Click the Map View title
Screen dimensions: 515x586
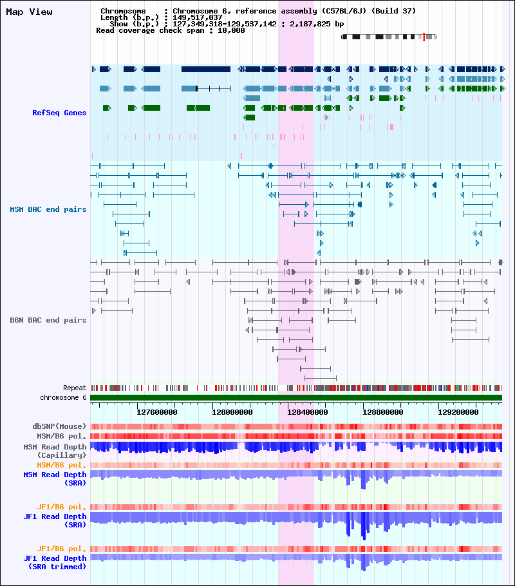click(x=29, y=12)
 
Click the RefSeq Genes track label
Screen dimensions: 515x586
click(x=59, y=113)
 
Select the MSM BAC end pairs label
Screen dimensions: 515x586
click(x=48, y=209)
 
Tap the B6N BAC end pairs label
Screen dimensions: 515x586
click(x=48, y=320)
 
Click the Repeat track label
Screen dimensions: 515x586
click(x=75, y=388)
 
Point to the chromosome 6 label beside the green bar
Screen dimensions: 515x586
click(x=63, y=398)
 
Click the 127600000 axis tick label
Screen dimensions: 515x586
click(x=157, y=412)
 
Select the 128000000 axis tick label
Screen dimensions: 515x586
click(x=232, y=412)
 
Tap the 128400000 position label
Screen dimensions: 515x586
click(x=308, y=412)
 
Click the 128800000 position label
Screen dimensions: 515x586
click(x=382, y=412)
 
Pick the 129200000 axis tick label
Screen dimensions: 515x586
click(x=458, y=412)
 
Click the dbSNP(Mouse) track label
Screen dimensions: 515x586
click(x=59, y=426)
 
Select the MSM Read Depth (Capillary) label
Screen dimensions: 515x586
click(x=55, y=451)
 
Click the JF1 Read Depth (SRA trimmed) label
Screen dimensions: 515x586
click(x=55, y=562)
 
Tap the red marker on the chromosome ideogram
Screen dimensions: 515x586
click(x=424, y=37)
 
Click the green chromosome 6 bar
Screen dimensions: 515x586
click(x=296, y=398)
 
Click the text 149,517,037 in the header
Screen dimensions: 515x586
click(x=198, y=17)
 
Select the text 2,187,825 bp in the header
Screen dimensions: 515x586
click(x=317, y=24)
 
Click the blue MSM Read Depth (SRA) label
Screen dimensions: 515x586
click(x=55, y=478)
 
